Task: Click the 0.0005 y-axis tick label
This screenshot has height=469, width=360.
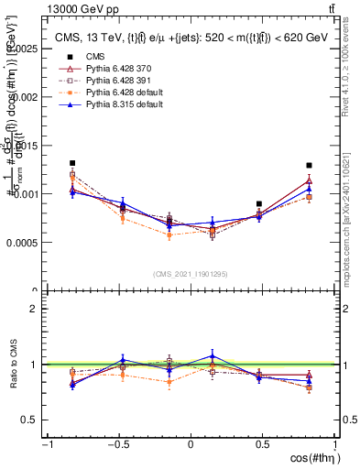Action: pos(26,243)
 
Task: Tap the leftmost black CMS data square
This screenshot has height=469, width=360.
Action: pos(72,163)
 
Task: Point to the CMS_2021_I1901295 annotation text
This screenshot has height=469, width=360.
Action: pos(191,273)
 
